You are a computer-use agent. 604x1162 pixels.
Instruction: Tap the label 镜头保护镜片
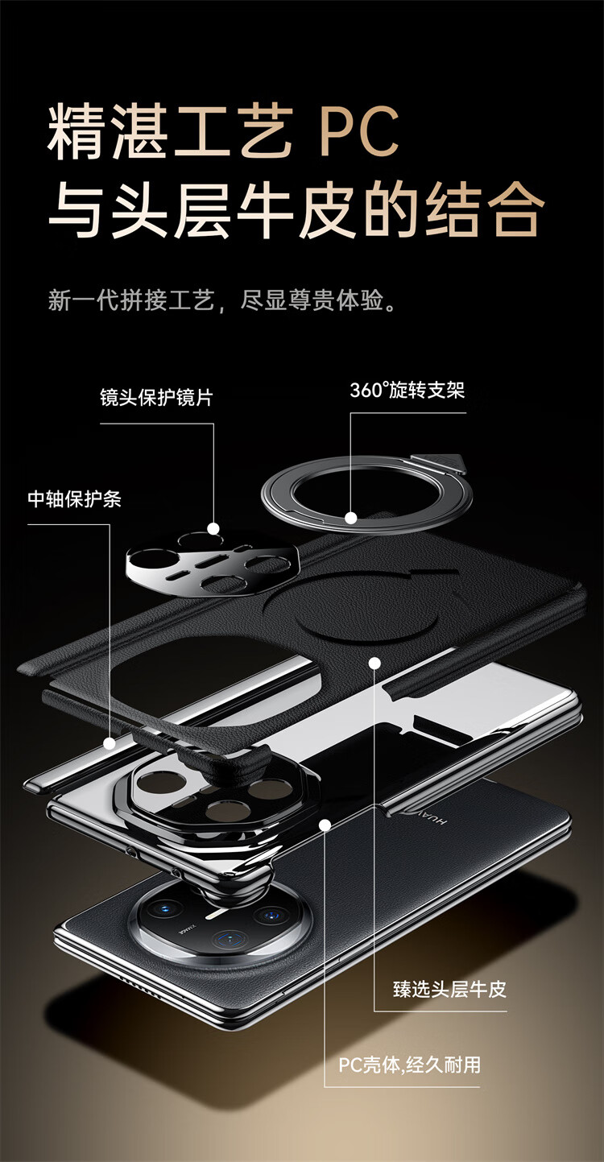click(x=156, y=397)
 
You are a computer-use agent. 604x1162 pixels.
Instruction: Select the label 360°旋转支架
click(x=407, y=391)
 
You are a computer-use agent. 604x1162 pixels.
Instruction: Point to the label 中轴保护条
click(x=74, y=498)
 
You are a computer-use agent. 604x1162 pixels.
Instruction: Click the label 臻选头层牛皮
click(x=449, y=990)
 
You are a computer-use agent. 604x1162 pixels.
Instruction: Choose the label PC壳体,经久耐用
click(x=409, y=1065)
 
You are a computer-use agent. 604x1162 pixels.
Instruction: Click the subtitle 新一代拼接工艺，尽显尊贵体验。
click(x=224, y=302)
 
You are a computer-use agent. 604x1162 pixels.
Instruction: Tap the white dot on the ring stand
click(x=350, y=517)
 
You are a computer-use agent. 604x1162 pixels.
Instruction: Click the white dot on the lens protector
click(x=213, y=528)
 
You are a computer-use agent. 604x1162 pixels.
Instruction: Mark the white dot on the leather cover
click(x=374, y=662)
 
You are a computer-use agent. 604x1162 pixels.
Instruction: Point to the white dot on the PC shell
click(x=325, y=825)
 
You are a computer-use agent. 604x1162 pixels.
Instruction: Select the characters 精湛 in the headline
click(x=109, y=132)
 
